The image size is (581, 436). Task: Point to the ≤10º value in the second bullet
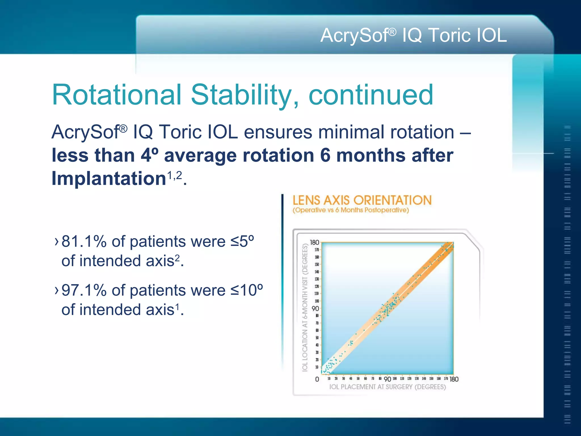247,290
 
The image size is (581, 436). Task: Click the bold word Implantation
109,179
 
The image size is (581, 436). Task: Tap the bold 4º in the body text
149,156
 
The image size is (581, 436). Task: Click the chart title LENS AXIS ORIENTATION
362,200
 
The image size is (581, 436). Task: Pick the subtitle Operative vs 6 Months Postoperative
351,210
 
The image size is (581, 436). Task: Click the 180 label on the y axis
314,242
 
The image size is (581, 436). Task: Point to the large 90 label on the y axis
315,309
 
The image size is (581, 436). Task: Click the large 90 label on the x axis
387,379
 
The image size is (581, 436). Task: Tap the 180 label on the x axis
454,379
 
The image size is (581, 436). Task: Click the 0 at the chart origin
317,379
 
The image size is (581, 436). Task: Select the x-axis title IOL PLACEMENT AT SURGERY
388,387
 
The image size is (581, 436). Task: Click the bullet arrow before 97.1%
56,290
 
